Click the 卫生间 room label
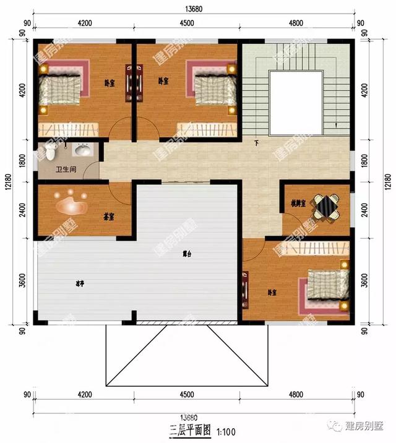pyautogui.click(x=66, y=169)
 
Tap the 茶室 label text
pyautogui.click(x=110, y=217)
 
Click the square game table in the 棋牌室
pyautogui.click(x=325, y=207)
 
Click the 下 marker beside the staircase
pyautogui.click(x=256, y=144)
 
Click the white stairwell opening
pyautogui.click(x=296, y=102)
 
